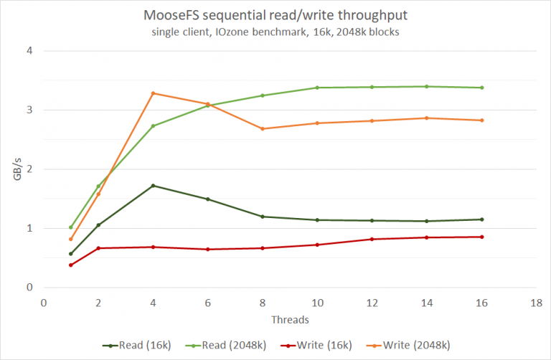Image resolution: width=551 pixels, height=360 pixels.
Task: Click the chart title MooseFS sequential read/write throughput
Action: (x=276, y=16)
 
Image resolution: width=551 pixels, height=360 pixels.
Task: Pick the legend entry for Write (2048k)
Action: (x=409, y=345)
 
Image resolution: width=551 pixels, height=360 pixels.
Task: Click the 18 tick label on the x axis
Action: (x=536, y=302)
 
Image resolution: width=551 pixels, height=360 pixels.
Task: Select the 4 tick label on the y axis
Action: (x=29, y=51)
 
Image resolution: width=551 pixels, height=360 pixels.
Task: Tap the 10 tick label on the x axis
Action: (x=317, y=302)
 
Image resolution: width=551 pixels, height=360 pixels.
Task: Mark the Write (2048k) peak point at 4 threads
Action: (x=153, y=93)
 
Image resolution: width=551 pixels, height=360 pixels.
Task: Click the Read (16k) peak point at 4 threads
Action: (x=153, y=186)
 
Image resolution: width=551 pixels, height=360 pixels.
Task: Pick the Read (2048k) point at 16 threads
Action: (x=481, y=87)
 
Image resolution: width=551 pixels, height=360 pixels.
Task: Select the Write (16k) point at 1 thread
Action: (x=71, y=265)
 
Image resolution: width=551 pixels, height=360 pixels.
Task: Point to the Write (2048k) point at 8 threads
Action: (x=263, y=129)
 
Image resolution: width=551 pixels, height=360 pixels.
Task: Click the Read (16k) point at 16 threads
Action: (x=481, y=219)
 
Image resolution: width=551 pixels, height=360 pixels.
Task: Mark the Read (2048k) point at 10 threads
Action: (x=317, y=87)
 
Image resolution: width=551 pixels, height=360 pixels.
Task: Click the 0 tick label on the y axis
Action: (x=29, y=288)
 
